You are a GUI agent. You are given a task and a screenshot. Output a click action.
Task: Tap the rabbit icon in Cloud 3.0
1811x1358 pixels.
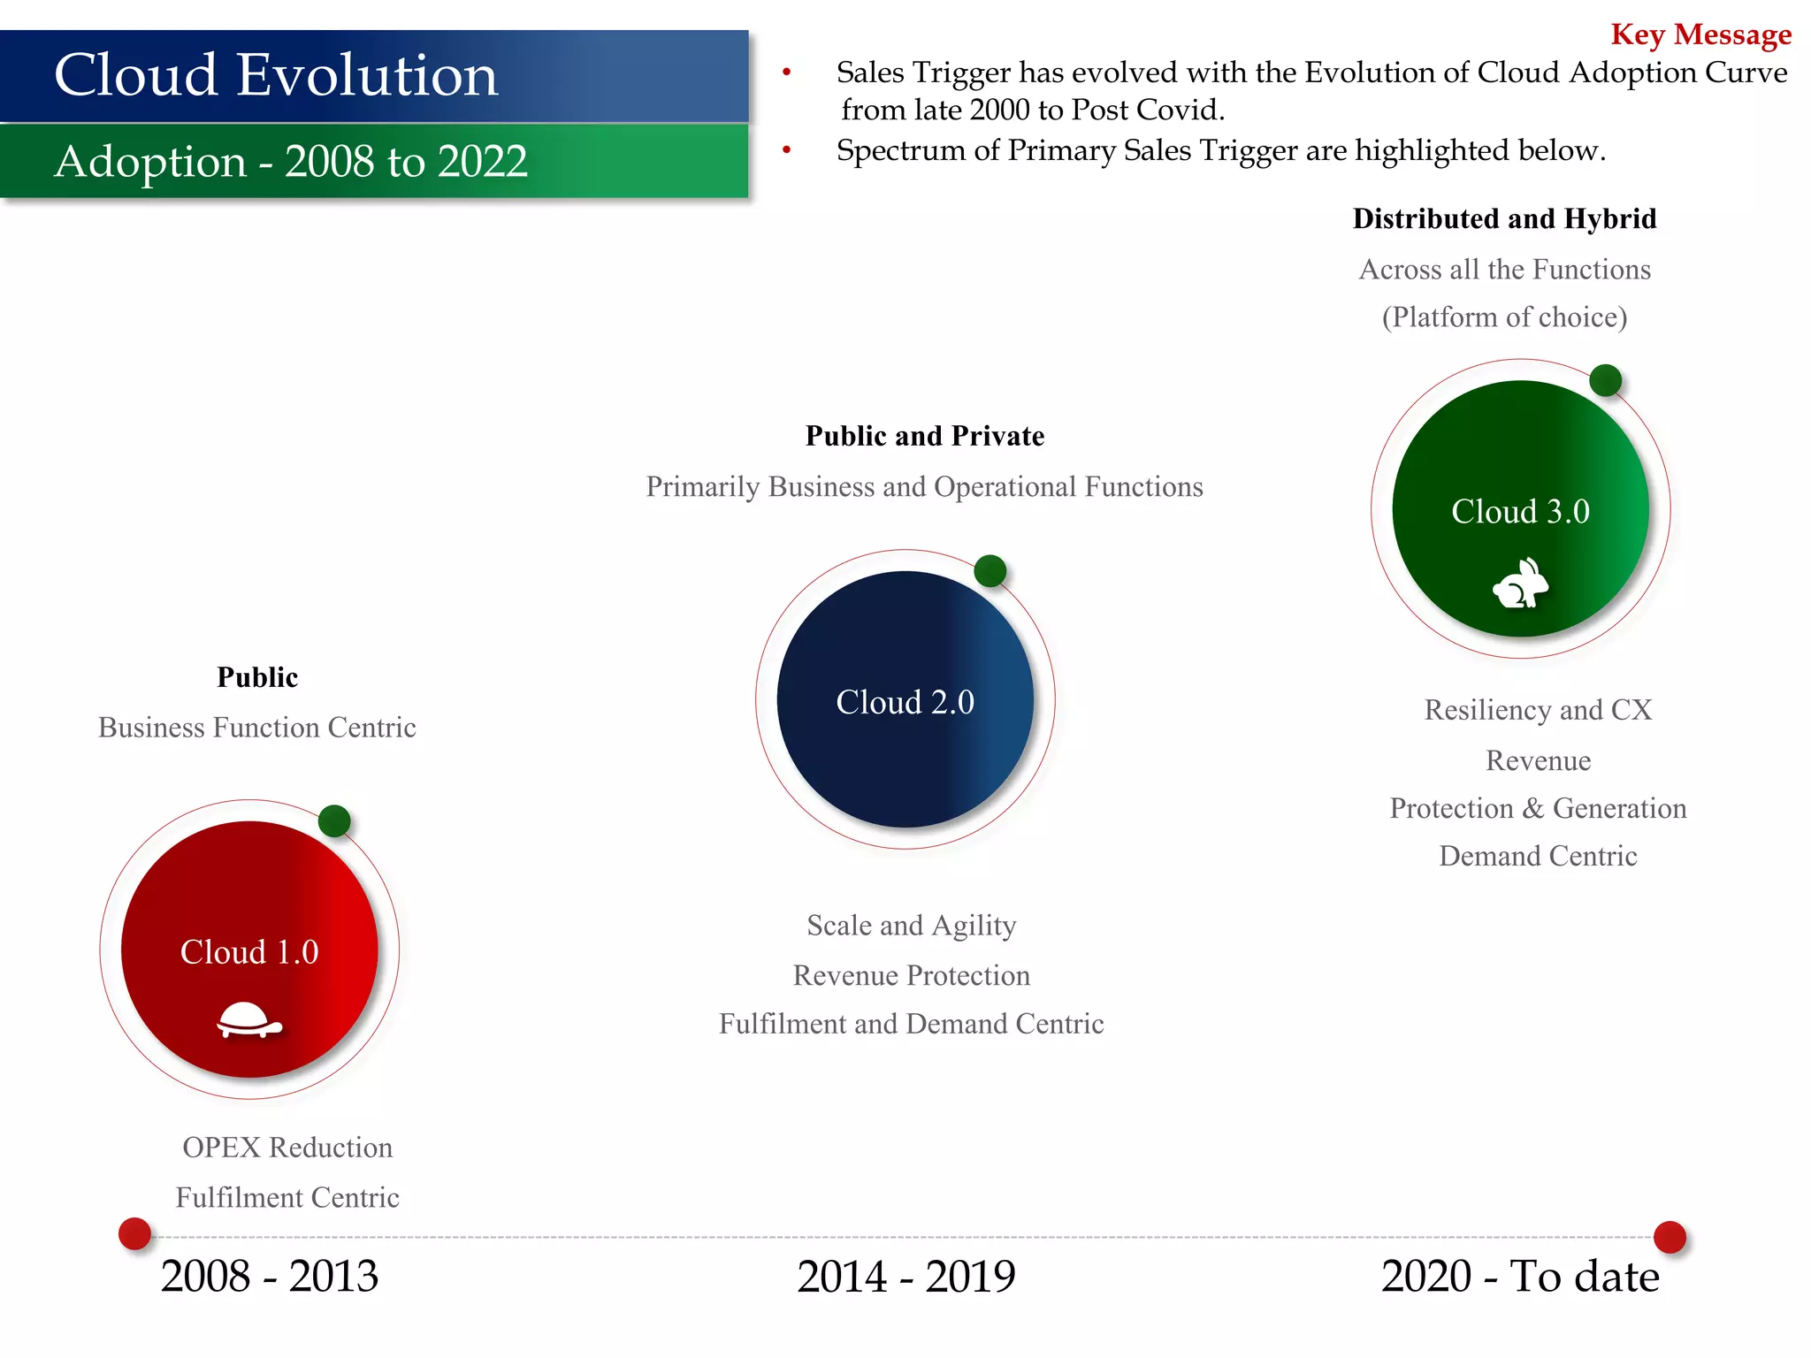click(x=1520, y=584)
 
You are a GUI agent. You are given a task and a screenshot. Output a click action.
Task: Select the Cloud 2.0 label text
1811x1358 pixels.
click(x=905, y=702)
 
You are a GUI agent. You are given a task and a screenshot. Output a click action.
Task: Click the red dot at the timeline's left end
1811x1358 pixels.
click(x=135, y=1233)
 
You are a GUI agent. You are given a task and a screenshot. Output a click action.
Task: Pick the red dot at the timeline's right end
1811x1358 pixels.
click(x=1670, y=1237)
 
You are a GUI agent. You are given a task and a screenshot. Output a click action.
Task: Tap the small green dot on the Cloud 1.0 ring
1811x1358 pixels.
click(x=334, y=821)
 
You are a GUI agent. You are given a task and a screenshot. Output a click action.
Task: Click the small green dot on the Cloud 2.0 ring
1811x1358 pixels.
click(x=990, y=571)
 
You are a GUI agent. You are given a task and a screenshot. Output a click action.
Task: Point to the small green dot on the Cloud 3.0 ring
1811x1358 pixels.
click(x=1605, y=381)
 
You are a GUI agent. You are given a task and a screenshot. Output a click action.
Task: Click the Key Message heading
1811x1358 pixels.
click(x=1700, y=34)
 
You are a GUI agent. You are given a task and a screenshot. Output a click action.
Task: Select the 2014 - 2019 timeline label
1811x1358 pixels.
click(x=905, y=1276)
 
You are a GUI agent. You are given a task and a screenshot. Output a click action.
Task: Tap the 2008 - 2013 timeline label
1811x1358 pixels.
click(x=269, y=1276)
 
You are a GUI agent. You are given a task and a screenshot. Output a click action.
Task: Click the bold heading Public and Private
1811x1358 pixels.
click(x=924, y=436)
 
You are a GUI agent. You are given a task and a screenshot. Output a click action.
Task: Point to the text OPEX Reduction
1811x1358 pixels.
click(x=287, y=1147)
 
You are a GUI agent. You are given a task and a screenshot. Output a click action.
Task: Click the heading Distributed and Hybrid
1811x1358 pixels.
click(x=1504, y=218)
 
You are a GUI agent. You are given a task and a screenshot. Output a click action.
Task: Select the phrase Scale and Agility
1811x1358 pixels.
click(x=911, y=925)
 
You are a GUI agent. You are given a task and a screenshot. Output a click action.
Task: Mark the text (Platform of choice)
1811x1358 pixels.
click(x=1504, y=317)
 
